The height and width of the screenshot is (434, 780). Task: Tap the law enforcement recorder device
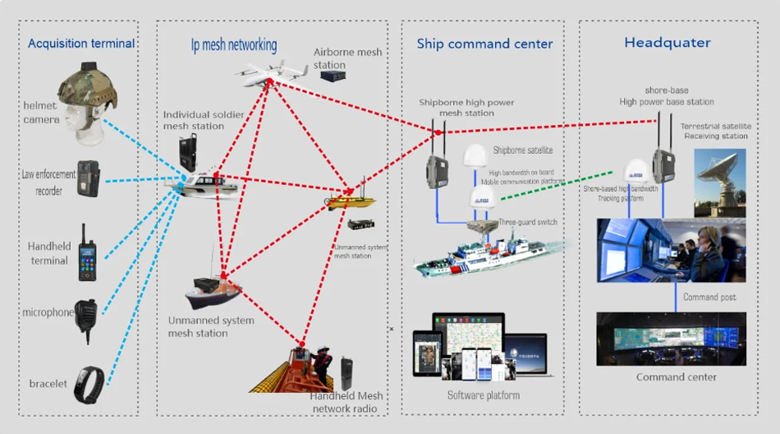click(x=87, y=178)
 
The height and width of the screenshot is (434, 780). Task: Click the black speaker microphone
click(x=87, y=316)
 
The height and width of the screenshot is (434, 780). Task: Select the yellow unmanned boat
click(x=351, y=200)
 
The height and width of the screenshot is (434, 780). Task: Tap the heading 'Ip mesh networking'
click(x=228, y=44)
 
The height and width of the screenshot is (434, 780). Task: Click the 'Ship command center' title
click(x=484, y=44)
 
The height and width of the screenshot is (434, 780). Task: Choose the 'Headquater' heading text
click(x=668, y=43)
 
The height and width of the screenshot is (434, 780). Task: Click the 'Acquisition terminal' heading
click(x=81, y=44)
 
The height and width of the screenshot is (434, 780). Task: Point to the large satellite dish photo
click(x=719, y=182)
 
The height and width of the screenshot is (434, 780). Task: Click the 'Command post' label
click(x=709, y=297)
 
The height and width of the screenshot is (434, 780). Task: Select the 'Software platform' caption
click(x=483, y=395)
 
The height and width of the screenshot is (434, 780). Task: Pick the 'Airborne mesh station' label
click(x=347, y=58)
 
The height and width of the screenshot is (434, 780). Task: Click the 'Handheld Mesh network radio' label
click(x=347, y=401)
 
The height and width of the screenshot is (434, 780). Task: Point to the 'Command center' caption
click(x=676, y=377)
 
